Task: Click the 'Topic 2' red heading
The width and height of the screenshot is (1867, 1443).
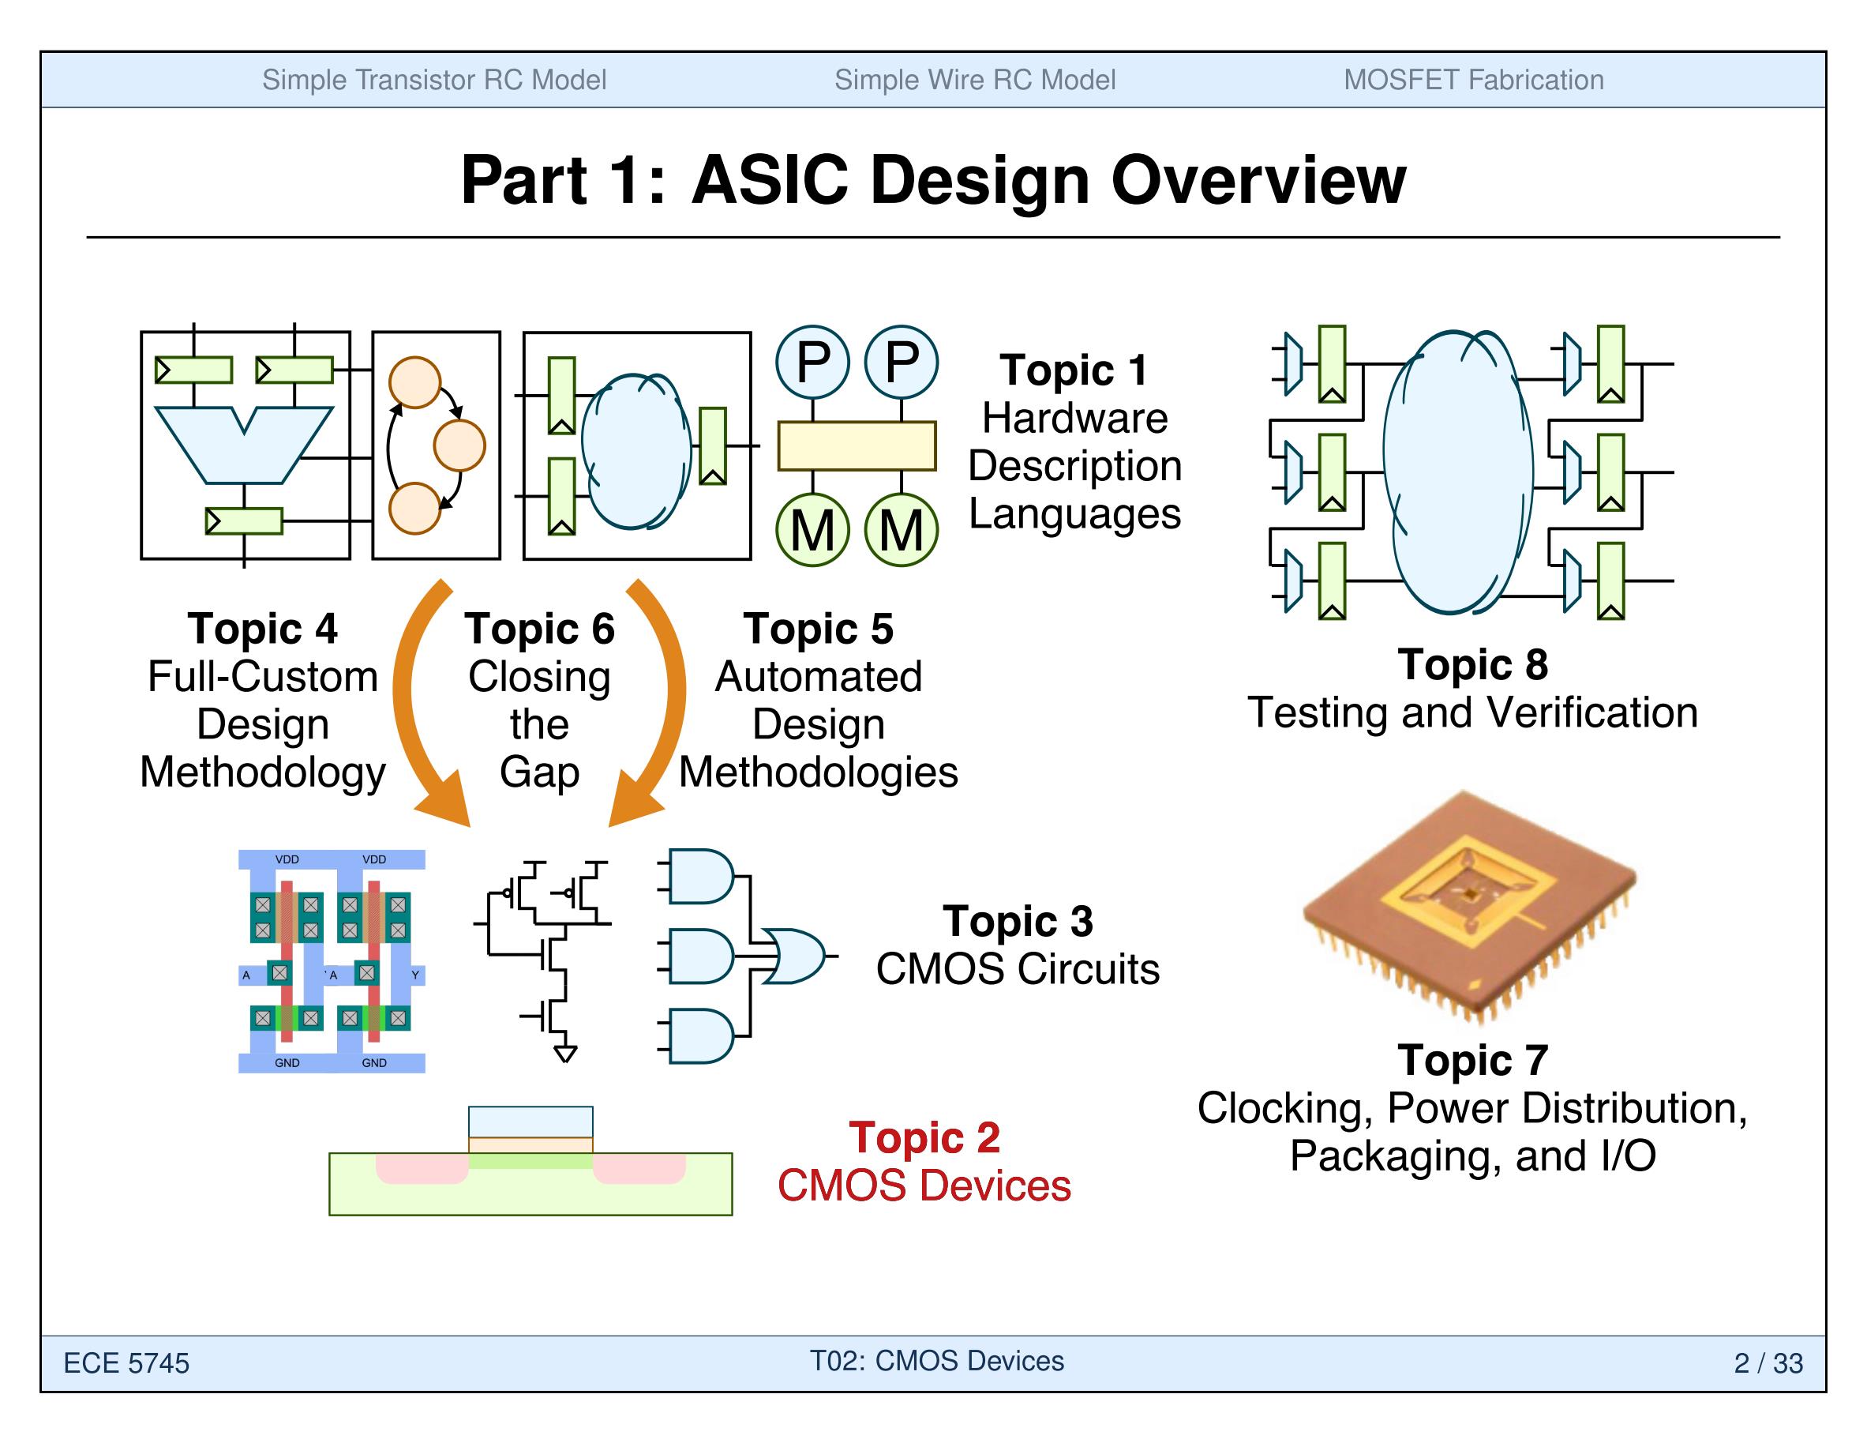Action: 924,1137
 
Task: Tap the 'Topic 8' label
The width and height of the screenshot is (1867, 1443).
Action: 1472,664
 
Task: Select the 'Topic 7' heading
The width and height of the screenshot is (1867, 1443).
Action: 1472,1061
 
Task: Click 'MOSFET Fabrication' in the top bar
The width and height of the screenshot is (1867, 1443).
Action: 1473,80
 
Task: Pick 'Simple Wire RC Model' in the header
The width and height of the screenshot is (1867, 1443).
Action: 974,80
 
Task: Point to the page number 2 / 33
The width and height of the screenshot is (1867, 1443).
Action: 1768,1362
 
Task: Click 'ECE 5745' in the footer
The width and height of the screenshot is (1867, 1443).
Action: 126,1362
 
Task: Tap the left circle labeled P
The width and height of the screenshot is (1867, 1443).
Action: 812,362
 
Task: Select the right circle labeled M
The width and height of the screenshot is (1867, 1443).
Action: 901,530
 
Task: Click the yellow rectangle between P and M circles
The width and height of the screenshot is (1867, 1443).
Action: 857,445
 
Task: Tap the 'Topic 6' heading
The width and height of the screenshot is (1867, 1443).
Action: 539,629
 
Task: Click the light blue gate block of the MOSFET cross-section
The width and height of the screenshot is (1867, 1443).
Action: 530,1122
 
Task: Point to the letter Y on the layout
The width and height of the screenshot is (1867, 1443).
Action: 415,975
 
